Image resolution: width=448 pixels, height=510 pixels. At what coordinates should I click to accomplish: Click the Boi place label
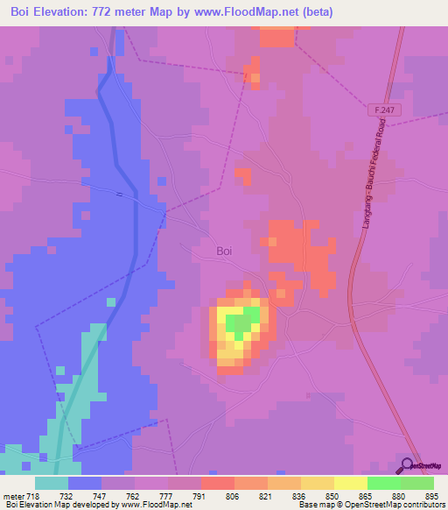[224, 251]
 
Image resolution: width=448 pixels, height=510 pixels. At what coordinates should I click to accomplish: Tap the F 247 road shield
[377, 108]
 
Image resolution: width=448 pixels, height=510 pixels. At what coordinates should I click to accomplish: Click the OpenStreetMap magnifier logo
[406, 467]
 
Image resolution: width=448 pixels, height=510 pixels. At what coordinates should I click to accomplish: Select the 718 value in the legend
[34, 495]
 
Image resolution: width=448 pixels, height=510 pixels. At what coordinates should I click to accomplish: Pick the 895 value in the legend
[433, 495]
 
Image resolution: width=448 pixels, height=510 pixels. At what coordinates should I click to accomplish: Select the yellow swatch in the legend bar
[351, 483]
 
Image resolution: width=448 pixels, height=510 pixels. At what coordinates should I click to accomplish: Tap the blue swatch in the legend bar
[85, 483]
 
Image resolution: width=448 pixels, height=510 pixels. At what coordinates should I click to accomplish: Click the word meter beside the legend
[13, 495]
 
